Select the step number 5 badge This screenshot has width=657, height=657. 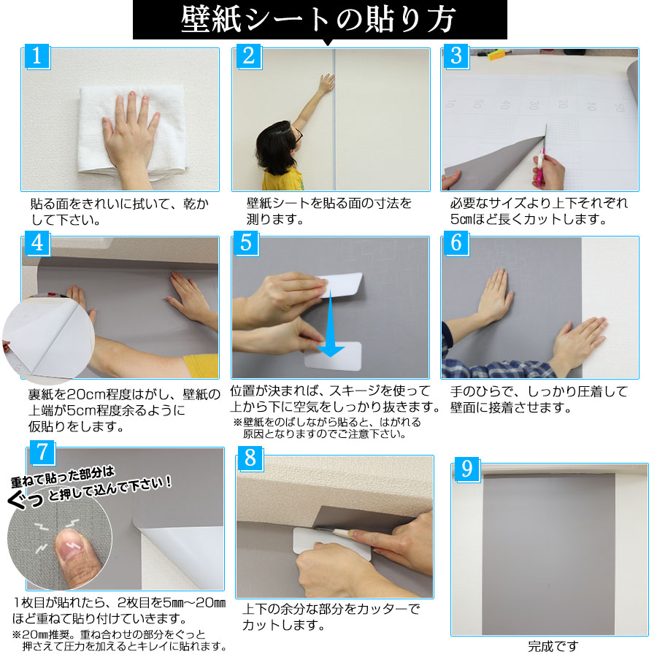click(246, 242)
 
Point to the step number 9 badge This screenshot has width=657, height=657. click(466, 469)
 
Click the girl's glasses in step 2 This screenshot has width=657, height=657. click(298, 134)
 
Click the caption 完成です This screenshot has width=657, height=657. click(552, 646)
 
